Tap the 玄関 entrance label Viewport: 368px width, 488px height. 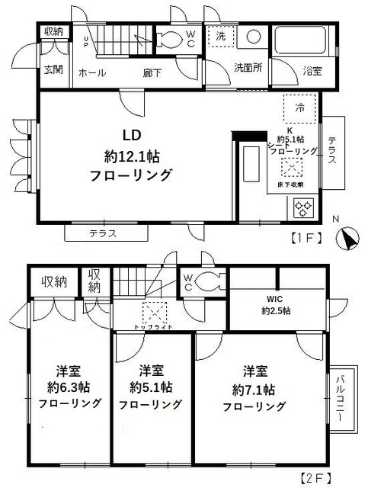point(53,70)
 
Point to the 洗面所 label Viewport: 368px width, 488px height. point(248,68)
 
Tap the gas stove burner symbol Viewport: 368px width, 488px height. point(302,207)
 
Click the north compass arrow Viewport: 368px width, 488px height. point(347,239)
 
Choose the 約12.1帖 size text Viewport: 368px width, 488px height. point(137,157)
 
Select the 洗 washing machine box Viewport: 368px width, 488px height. point(221,37)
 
